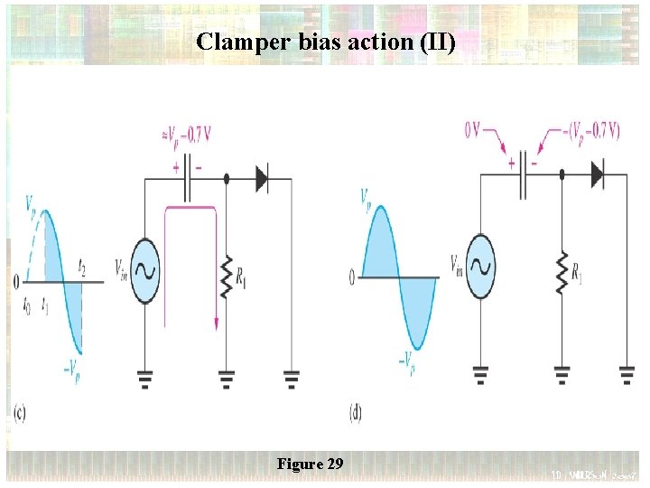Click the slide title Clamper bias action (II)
tap(325, 42)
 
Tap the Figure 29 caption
tap(310, 464)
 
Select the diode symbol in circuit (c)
tap(262, 179)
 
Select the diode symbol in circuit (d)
tap(597, 175)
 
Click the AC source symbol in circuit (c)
tap(144, 268)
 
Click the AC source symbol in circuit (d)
tap(479, 267)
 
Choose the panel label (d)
tap(357, 413)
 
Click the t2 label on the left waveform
tap(82, 267)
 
